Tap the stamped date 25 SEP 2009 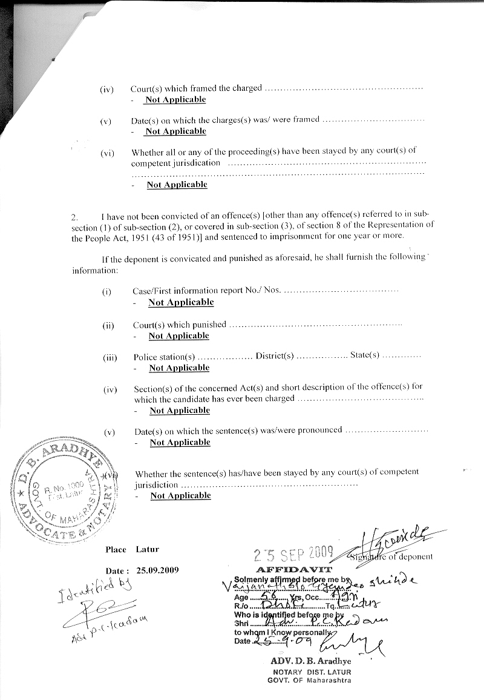click(x=294, y=553)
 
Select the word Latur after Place click(x=147, y=549)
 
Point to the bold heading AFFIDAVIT click(x=294, y=570)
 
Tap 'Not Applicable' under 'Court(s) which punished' click(x=178, y=335)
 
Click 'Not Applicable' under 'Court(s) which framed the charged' click(x=175, y=99)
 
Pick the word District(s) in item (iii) click(x=275, y=356)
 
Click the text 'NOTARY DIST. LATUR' click(x=311, y=672)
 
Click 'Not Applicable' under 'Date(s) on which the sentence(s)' click(x=180, y=442)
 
